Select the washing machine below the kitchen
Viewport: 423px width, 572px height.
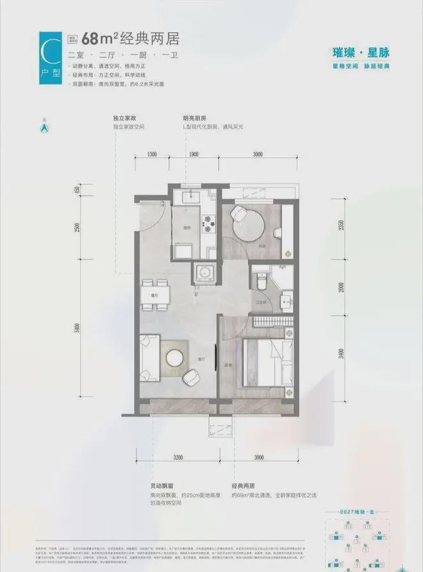tap(207, 273)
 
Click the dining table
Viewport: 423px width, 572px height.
tap(154, 294)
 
